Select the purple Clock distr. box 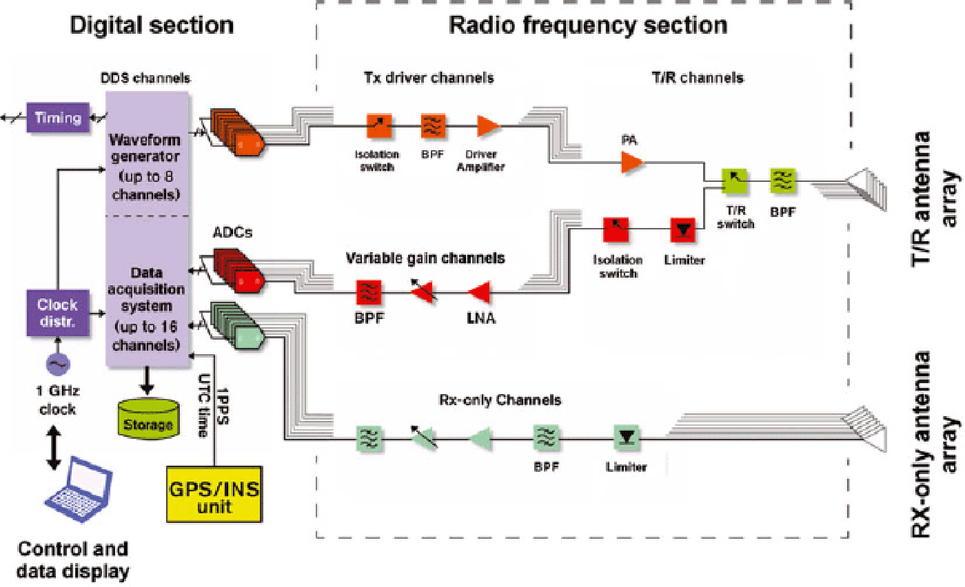[x=58, y=311]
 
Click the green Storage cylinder [x=148, y=420]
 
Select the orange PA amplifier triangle [x=631, y=163]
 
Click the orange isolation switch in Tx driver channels [x=380, y=126]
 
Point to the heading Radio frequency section [x=587, y=25]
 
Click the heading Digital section [x=152, y=25]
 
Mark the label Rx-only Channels [x=500, y=400]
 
